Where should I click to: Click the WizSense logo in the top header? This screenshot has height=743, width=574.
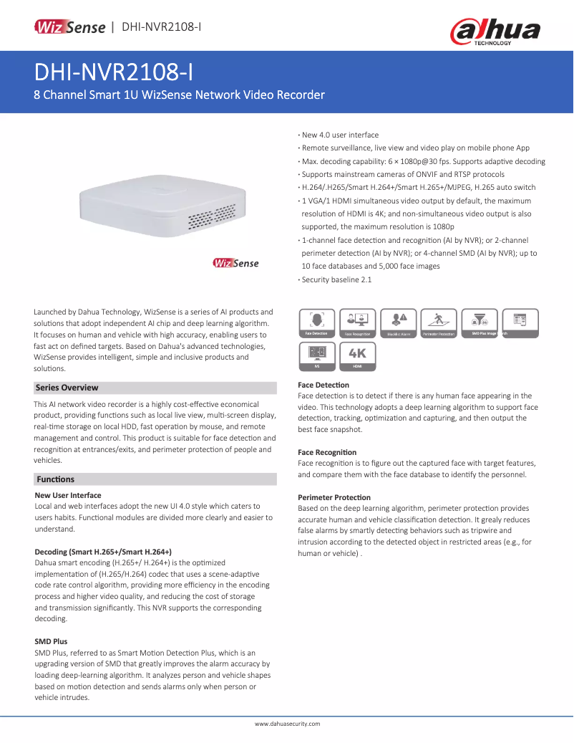69,27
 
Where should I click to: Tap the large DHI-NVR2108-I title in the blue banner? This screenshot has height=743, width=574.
113,73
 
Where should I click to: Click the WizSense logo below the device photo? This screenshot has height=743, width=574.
235,263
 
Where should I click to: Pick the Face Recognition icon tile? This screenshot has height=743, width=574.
357,323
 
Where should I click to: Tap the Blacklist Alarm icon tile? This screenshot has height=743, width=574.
399,323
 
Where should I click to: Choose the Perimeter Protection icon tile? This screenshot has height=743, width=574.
439,323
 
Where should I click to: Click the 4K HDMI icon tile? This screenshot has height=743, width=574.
357,356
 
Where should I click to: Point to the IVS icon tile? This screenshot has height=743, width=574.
316,356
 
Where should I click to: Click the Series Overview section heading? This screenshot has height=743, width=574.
67,388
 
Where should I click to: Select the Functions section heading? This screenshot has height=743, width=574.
56,479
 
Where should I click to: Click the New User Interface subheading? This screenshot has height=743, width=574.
68,495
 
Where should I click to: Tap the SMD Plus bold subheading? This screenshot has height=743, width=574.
51,641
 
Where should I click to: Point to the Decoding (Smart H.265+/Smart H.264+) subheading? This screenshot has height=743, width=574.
103,552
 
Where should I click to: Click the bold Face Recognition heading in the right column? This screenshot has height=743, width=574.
327,452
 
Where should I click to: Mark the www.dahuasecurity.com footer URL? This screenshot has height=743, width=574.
287,724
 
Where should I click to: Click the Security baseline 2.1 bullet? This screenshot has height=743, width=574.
336,279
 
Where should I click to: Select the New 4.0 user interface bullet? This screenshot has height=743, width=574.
340,135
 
